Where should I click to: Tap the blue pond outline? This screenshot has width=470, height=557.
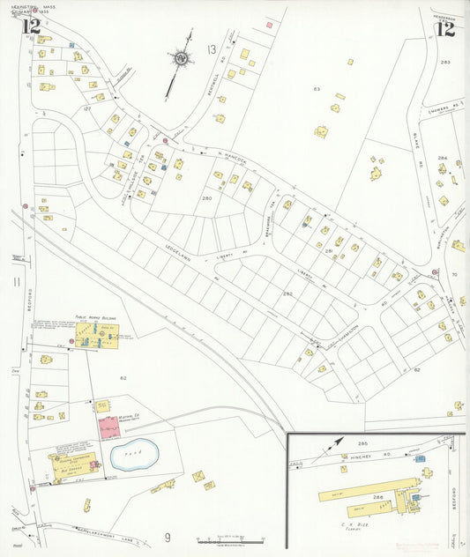(132, 455)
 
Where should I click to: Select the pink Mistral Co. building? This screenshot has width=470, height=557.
(109, 427)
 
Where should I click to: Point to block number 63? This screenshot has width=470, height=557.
(316, 89)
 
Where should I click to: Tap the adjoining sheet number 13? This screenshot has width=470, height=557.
(211, 48)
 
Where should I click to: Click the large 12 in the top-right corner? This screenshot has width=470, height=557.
(445, 27)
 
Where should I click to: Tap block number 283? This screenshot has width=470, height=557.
(445, 62)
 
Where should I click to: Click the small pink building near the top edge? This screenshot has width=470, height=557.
(269, 25)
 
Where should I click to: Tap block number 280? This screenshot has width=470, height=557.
(207, 198)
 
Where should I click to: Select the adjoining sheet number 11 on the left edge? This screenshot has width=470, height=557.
(16, 281)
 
